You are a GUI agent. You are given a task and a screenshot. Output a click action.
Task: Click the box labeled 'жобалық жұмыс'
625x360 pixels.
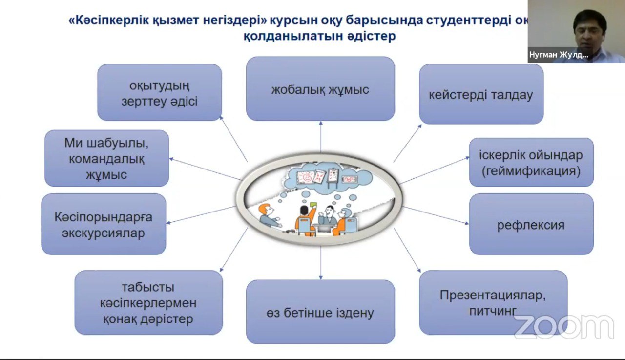pyautogui.click(x=320, y=89)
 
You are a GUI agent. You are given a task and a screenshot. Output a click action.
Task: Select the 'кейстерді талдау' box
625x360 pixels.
pyautogui.click(x=481, y=94)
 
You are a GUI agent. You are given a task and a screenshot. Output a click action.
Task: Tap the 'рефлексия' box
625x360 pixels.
pyautogui.click(x=531, y=225)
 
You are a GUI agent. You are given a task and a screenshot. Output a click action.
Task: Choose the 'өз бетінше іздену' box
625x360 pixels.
pyautogui.click(x=320, y=312)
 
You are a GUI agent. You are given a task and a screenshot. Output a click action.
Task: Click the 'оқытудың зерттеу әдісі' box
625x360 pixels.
pyautogui.click(x=160, y=93)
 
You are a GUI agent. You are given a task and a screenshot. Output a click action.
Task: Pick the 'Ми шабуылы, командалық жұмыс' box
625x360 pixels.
pyautogui.click(x=106, y=158)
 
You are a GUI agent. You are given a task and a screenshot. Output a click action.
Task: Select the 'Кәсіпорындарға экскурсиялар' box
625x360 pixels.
pyautogui.click(x=104, y=224)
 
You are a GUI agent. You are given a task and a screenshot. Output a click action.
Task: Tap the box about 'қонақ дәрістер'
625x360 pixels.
pyautogui.click(x=148, y=303)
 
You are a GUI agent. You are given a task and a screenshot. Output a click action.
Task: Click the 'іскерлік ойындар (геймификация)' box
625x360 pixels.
pyautogui.click(x=531, y=163)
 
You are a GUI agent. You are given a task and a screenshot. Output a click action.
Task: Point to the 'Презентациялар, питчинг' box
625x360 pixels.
pyautogui.click(x=493, y=302)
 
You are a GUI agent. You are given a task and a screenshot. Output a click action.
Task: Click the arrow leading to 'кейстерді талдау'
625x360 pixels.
pyautogui.click(x=407, y=143)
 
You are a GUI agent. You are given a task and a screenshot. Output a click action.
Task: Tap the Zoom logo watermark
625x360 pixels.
pyautogui.click(x=563, y=326)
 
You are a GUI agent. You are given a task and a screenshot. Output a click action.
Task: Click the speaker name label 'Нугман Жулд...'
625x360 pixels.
pyautogui.click(x=559, y=55)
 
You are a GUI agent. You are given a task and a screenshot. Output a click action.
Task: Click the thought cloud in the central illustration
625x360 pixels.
pyautogui.click(x=322, y=179)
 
